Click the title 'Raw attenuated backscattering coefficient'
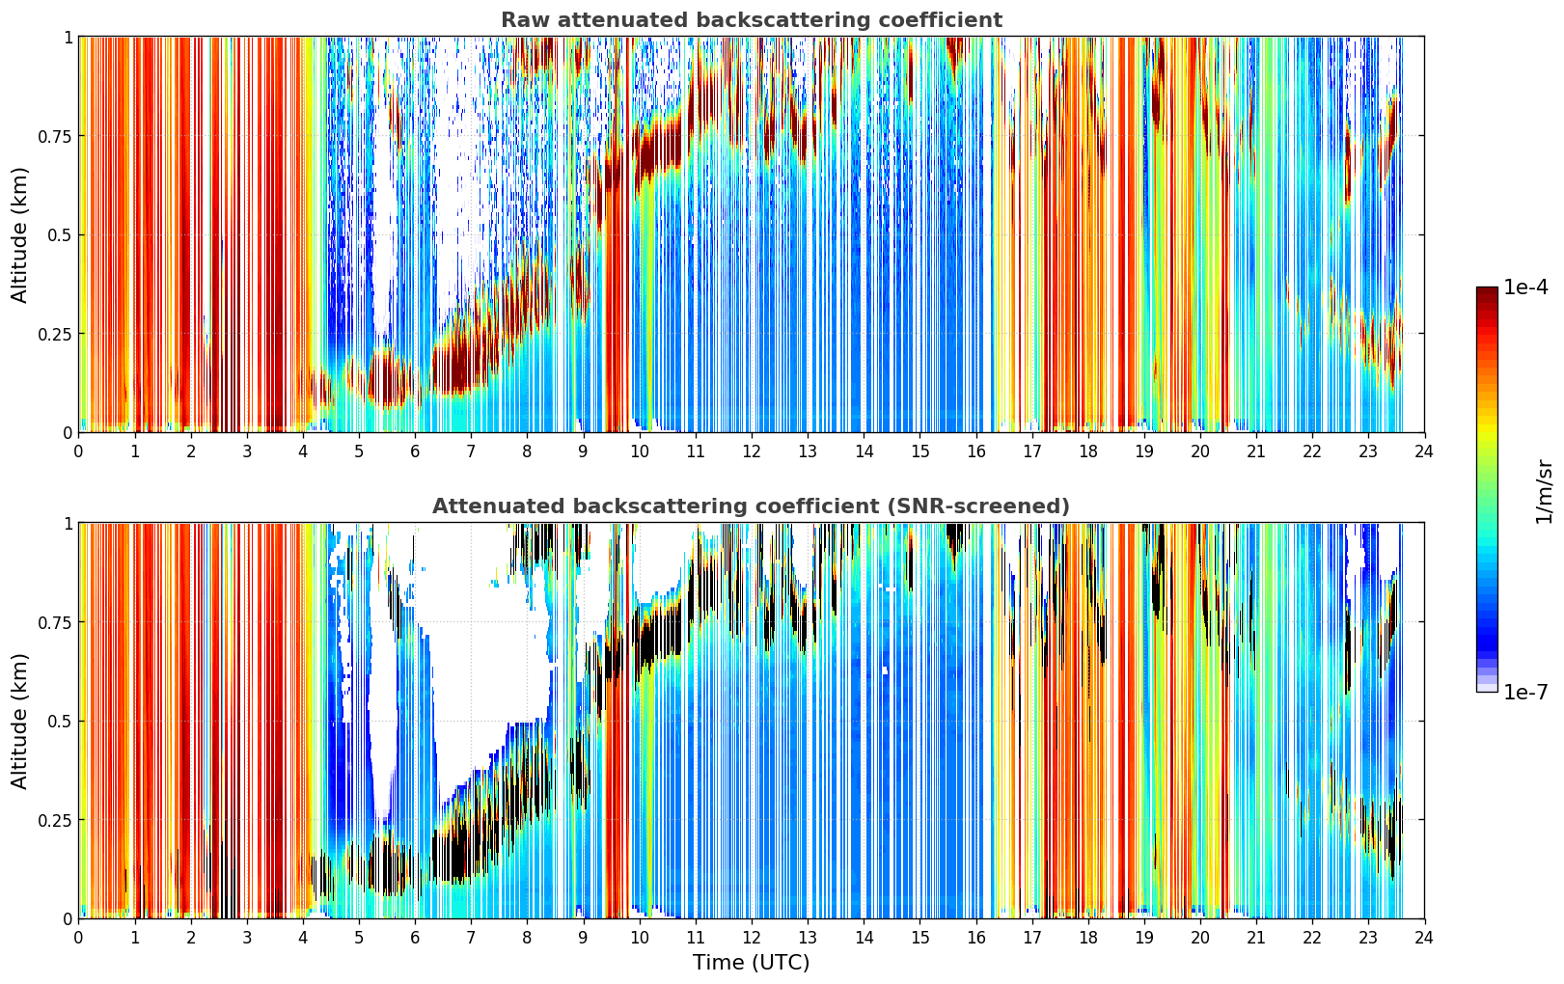(x=752, y=20)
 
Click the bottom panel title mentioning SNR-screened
(x=752, y=506)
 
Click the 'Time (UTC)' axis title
(x=752, y=963)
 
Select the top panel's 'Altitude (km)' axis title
(x=19, y=234)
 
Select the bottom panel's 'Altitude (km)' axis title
(x=19, y=721)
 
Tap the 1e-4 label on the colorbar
(x=1525, y=287)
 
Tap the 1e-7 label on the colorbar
(x=1525, y=693)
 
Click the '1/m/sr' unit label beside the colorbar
(x=1544, y=491)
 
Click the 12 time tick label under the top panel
(x=752, y=451)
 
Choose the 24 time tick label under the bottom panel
(x=1424, y=938)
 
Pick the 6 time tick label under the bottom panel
(x=415, y=938)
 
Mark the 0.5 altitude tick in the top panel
(x=59, y=235)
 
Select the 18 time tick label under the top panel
(x=1087, y=451)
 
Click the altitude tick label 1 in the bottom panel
(x=69, y=524)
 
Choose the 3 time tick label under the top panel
(x=246, y=451)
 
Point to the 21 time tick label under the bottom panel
(x=1256, y=938)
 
